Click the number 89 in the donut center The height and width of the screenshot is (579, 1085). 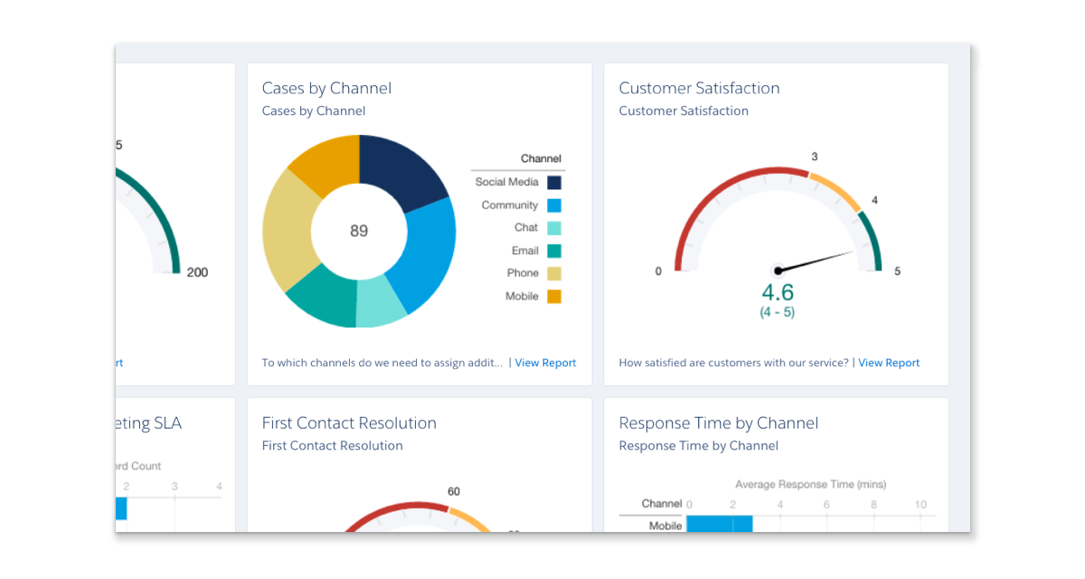click(x=359, y=231)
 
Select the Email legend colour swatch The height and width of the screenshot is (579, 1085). click(x=554, y=251)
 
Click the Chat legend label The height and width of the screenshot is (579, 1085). click(x=526, y=228)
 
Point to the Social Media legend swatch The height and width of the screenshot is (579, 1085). click(x=554, y=183)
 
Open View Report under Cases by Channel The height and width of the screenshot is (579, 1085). click(x=545, y=363)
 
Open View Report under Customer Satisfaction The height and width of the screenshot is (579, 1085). click(x=889, y=363)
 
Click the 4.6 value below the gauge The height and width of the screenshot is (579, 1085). click(x=778, y=292)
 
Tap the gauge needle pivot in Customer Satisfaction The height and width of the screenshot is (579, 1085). click(x=778, y=271)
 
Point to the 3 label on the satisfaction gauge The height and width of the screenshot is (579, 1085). click(x=815, y=157)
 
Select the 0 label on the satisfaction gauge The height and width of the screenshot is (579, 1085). click(x=658, y=271)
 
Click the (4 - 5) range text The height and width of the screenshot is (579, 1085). click(x=778, y=313)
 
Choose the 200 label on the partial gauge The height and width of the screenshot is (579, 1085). click(x=197, y=272)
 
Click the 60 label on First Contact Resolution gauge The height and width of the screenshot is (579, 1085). click(x=454, y=492)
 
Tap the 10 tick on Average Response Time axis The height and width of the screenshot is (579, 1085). click(x=920, y=505)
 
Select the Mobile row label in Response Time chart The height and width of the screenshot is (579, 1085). click(x=665, y=526)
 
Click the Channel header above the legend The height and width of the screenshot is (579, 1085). click(x=541, y=159)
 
